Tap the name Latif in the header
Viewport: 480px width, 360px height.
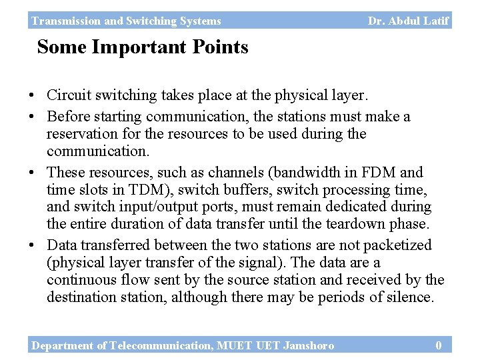[x=436, y=21]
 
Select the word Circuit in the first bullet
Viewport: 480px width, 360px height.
[x=65, y=95]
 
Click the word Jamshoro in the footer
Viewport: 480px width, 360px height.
[x=309, y=345]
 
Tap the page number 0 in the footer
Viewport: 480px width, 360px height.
[x=438, y=345]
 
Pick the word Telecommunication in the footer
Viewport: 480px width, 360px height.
[x=157, y=345]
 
